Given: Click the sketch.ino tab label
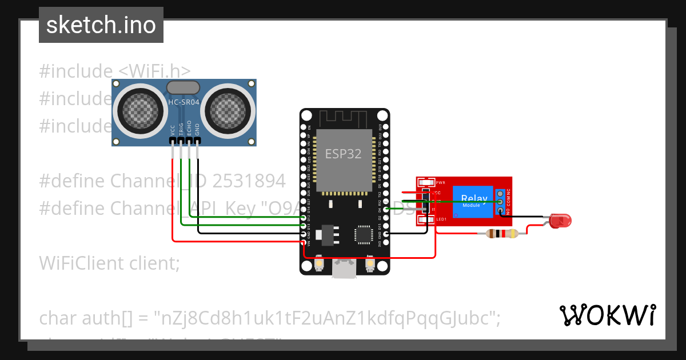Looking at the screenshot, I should (101, 25).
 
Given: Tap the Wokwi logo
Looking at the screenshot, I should (607, 315).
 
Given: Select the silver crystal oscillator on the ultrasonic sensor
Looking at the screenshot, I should (182, 87).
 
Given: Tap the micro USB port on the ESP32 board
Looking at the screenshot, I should (345, 269).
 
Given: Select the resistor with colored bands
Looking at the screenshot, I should (501, 233).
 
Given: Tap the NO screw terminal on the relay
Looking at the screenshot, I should (500, 211).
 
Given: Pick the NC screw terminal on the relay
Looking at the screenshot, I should (500, 193).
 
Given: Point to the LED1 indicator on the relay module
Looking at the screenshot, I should (426, 219).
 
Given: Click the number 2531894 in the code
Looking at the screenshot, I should (249, 181).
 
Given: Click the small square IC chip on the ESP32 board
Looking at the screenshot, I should (364, 234).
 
